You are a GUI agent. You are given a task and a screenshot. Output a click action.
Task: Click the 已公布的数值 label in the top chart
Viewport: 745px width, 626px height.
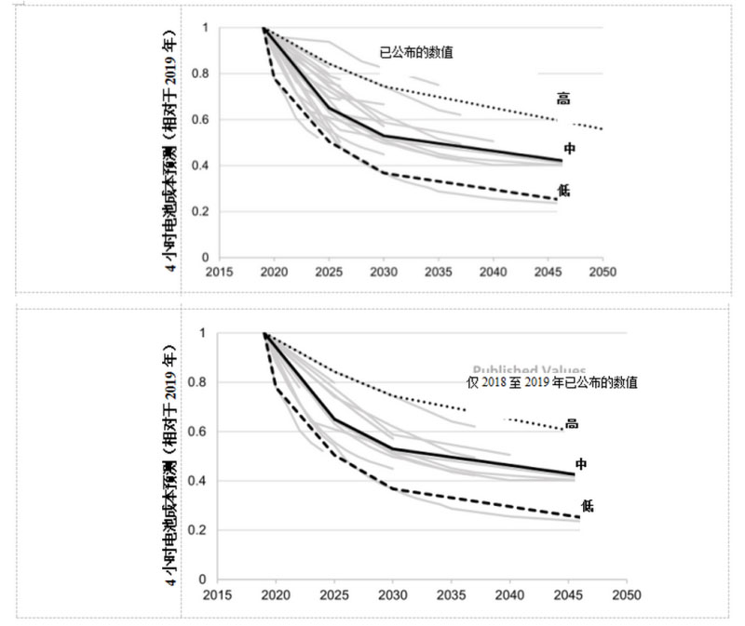click(416, 53)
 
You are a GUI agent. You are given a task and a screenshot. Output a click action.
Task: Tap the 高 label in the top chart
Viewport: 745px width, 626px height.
click(563, 98)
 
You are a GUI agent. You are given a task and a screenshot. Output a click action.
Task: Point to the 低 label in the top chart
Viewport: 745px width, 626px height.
click(563, 191)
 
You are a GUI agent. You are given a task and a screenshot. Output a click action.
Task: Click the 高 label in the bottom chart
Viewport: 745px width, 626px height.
click(572, 423)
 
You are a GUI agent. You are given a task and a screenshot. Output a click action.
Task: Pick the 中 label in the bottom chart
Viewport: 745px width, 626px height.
click(580, 463)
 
